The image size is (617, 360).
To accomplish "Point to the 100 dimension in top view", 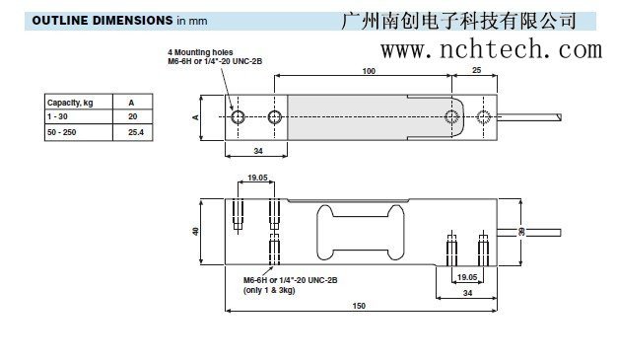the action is point(369,71).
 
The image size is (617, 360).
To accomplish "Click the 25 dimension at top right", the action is point(477,71).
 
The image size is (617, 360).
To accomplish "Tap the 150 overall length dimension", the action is point(359,306).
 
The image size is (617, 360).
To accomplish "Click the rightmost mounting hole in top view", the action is point(484,117).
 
